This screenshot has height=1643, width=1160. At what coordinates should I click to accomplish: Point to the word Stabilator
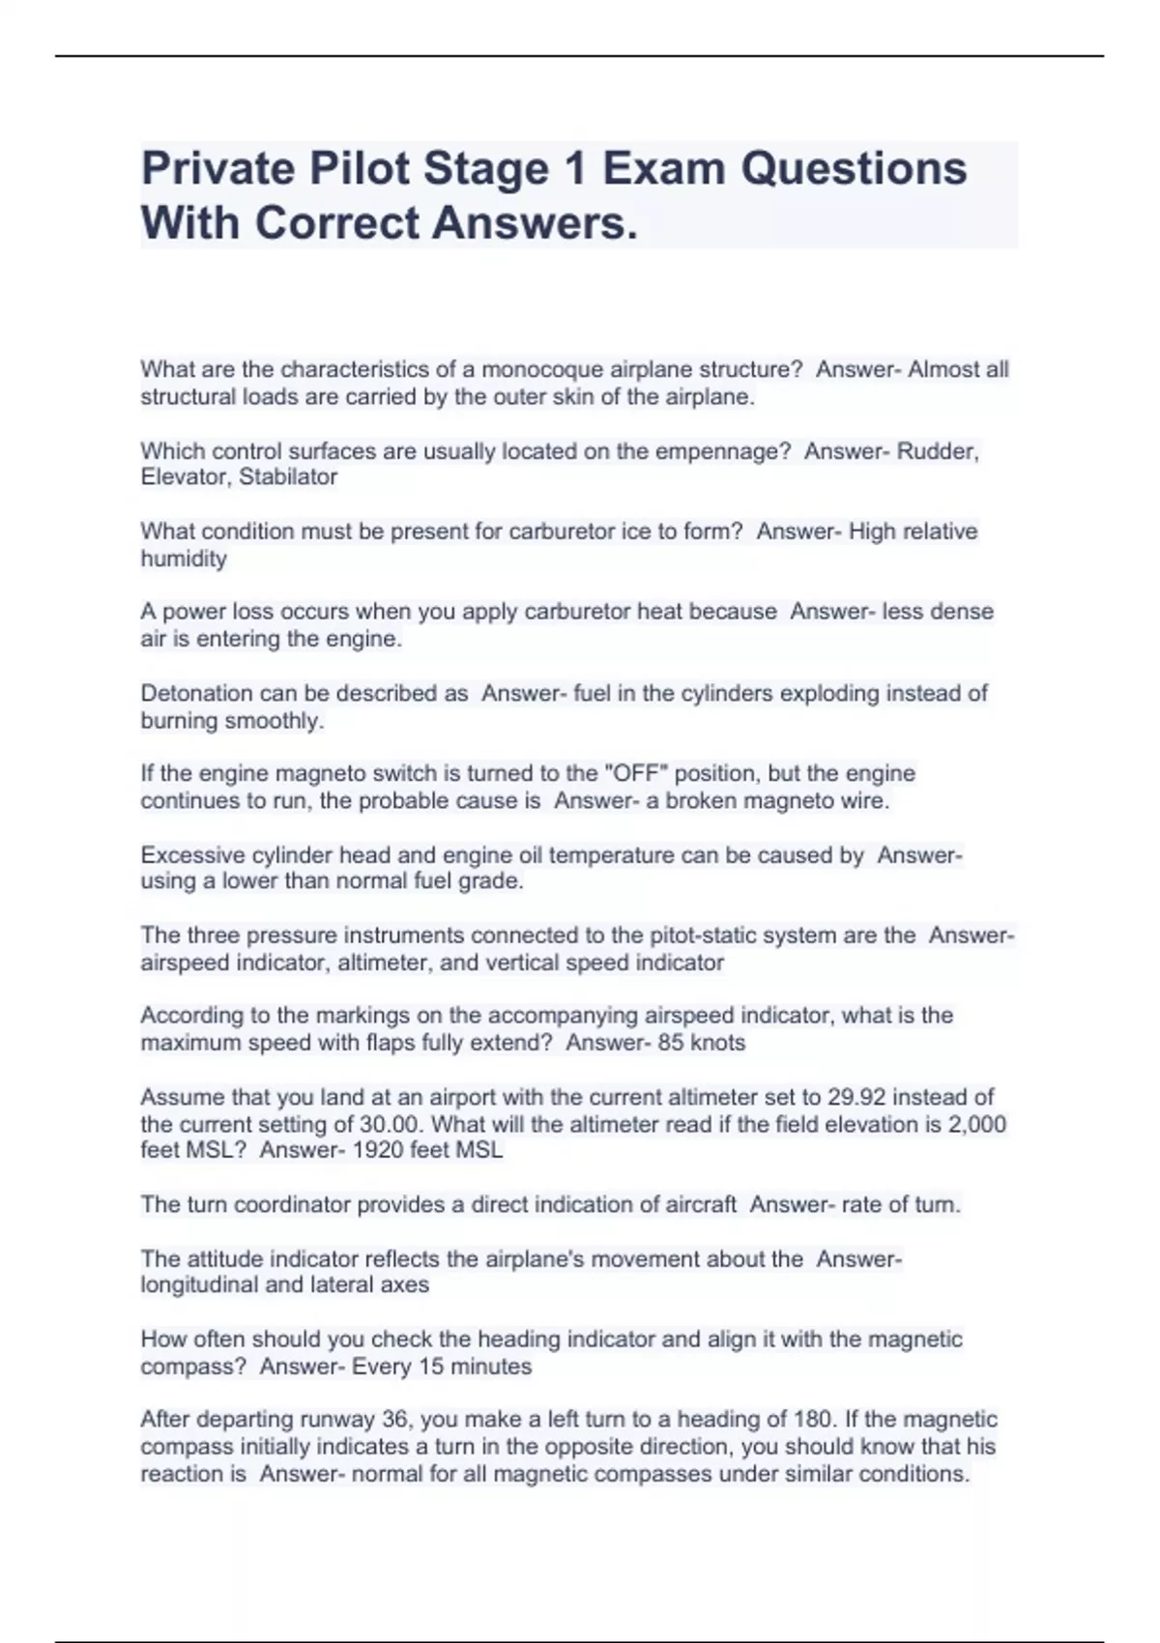(x=288, y=477)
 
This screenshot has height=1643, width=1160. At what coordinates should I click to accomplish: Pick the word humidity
(x=184, y=559)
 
